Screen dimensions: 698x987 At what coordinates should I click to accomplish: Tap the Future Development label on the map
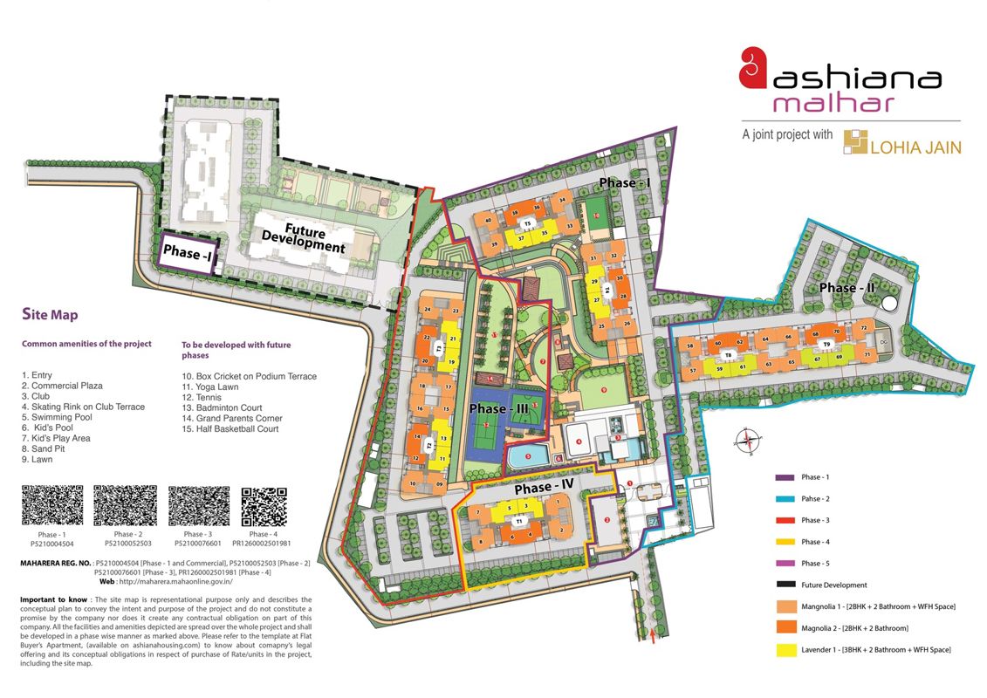(305, 240)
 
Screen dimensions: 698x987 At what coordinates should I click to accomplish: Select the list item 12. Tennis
(203, 397)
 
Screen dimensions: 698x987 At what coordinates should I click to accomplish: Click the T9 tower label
(826, 346)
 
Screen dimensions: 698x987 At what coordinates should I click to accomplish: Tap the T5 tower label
(527, 224)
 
